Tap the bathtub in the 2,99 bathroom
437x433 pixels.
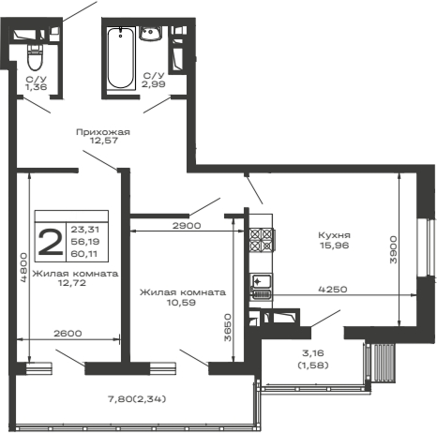[117, 58]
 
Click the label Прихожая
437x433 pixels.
[102, 132]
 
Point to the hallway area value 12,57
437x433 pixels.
[102, 142]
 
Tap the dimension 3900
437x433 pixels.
[392, 248]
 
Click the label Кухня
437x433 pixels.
[334, 236]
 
